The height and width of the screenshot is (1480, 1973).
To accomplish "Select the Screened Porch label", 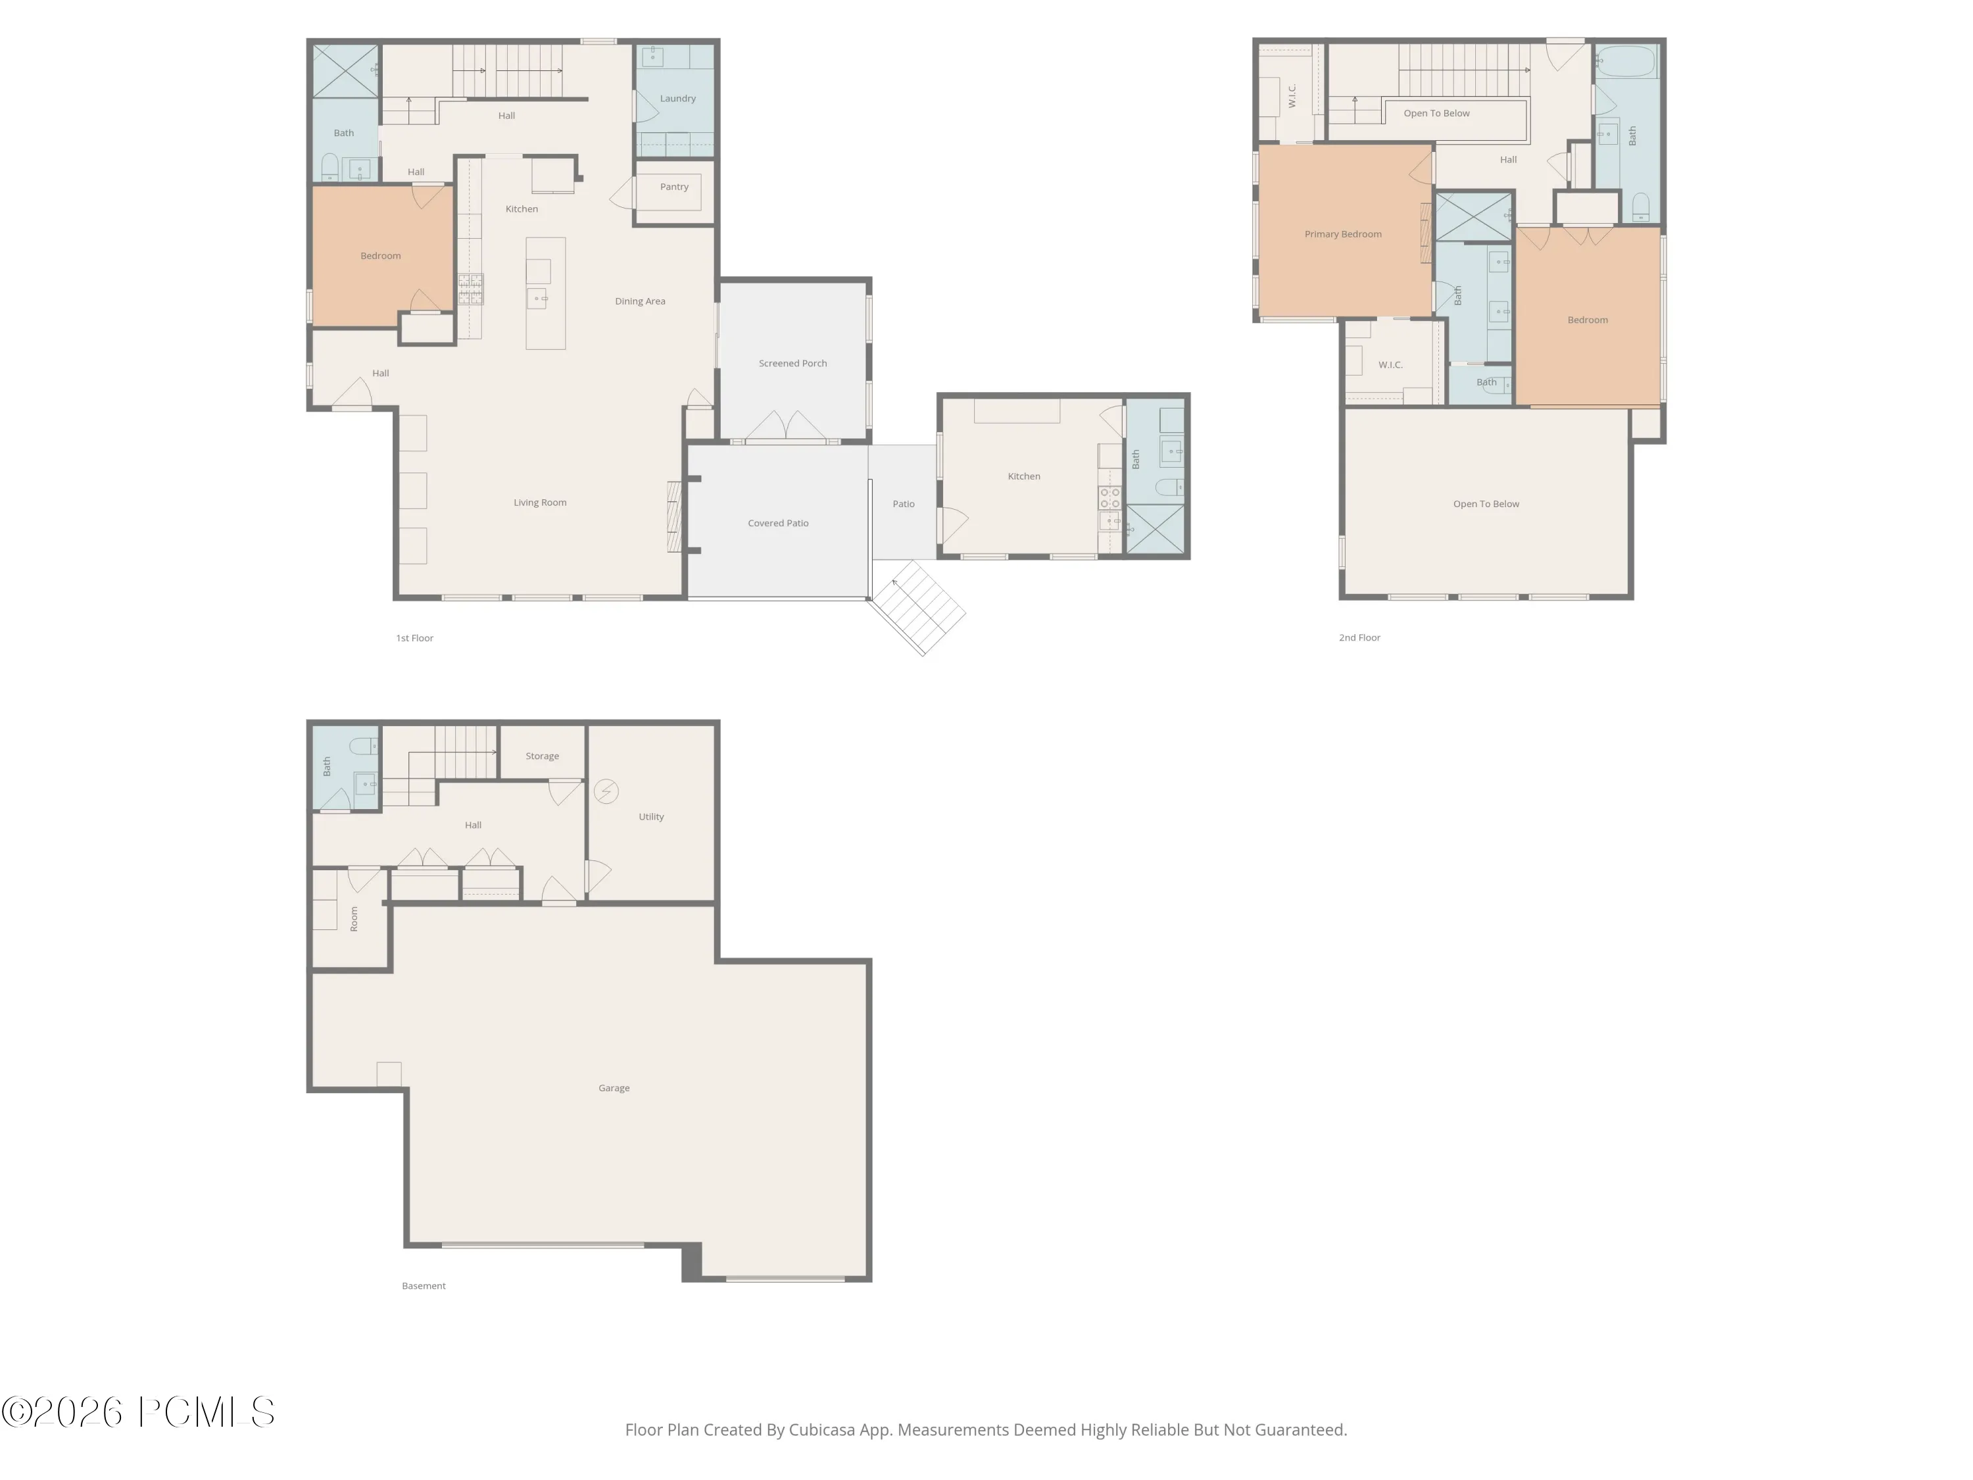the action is coord(793,364).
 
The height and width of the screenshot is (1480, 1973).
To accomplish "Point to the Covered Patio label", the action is coord(778,524).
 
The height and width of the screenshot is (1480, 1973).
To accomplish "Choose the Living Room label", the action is coord(540,503).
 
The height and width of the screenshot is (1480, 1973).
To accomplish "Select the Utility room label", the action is coord(651,817).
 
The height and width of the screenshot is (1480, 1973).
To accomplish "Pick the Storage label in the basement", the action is coord(543,756).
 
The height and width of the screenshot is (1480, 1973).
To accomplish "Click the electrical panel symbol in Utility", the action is coord(606,791).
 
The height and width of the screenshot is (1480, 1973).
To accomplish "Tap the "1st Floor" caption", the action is coord(415,639).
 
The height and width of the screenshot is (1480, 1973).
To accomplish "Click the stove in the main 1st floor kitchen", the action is coord(471,289).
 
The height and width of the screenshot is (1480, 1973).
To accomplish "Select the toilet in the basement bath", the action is coord(364,746).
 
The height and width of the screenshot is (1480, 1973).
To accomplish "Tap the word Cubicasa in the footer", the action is coord(821,1430).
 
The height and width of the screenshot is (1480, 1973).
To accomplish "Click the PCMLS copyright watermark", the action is coord(138,1412).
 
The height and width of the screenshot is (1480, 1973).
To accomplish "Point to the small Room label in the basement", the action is coord(354,919).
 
